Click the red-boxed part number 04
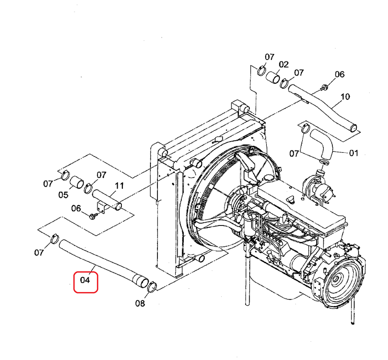pyautogui.click(x=85, y=280)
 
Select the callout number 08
pyautogui.click(x=140, y=303)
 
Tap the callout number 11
pyautogui.click(x=119, y=186)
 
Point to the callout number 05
pyautogui.click(x=63, y=195)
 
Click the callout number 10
pyautogui.click(x=345, y=97)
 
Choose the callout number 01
pyautogui.click(x=354, y=153)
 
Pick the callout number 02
pyautogui.click(x=284, y=65)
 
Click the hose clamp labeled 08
pyautogui.click(x=152, y=287)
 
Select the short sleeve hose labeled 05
pyautogui.click(x=76, y=182)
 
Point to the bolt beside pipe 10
pyautogui.click(x=324, y=87)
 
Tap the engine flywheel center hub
pyautogui.click(x=336, y=279)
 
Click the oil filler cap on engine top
pyautogui.click(x=291, y=199)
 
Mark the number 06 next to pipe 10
pyautogui.click(x=340, y=74)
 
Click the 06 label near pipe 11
pyautogui.click(x=76, y=209)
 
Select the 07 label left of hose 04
pyautogui.click(x=39, y=253)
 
